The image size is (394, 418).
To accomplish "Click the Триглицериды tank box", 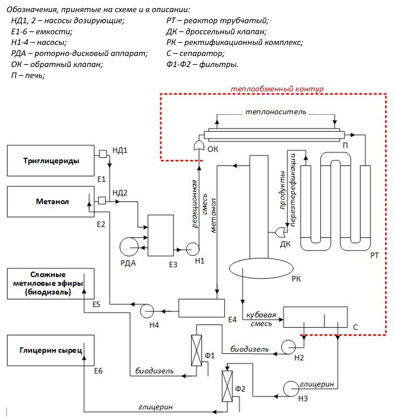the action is (x=51, y=161).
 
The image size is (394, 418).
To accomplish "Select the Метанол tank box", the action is (x=51, y=201).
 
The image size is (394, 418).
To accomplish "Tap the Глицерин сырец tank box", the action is (x=51, y=350).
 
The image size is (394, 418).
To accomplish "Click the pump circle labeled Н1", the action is (x=193, y=249).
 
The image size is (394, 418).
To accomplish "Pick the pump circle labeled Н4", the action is (x=147, y=311).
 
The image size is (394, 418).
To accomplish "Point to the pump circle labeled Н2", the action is (x=289, y=347).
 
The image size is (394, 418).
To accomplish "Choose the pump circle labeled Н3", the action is (x=291, y=389).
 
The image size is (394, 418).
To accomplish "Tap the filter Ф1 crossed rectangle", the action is (x=196, y=350).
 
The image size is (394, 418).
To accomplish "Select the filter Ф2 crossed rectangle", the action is (x=227, y=386).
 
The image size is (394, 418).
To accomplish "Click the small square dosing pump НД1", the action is (x=103, y=154).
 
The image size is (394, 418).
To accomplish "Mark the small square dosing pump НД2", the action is (x=102, y=200).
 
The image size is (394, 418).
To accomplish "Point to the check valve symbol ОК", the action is (x=199, y=146).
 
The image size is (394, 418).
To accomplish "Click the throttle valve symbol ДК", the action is (x=281, y=232).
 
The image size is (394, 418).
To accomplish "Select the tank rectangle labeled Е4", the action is (x=201, y=308).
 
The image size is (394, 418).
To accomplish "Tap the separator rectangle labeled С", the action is (x=315, y=317).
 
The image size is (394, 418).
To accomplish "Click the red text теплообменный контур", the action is (x=277, y=89).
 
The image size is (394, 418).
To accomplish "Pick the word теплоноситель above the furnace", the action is (x=276, y=112).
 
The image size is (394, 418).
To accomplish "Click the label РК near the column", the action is (x=296, y=279).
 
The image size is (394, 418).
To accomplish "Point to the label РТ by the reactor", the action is (x=374, y=256).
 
